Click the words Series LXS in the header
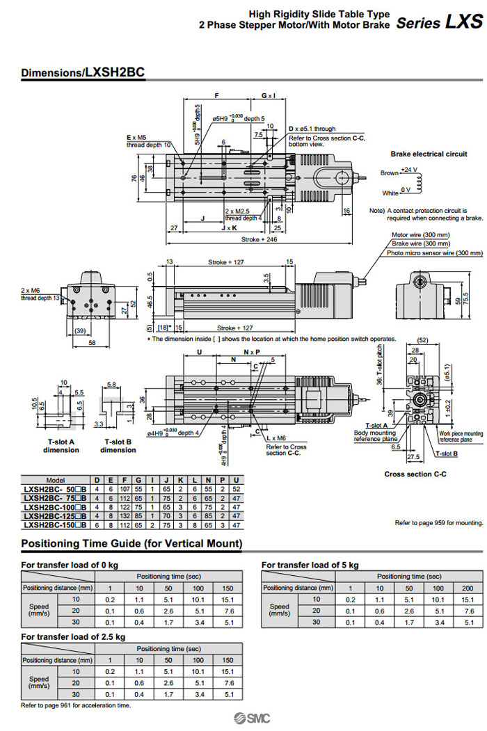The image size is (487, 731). pyautogui.click(x=438, y=22)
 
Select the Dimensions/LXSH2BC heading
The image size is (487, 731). pyautogui.click(x=82, y=72)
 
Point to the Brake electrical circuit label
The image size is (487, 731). pyautogui.click(x=429, y=154)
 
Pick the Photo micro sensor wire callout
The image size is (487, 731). pyautogui.click(x=436, y=253)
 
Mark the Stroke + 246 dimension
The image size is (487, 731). pyautogui.click(x=259, y=240)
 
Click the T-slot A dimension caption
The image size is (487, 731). pyautogui.click(x=62, y=446)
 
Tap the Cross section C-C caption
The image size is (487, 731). pyautogui.click(x=415, y=474)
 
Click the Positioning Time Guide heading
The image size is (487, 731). pyautogui.click(x=131, y=543)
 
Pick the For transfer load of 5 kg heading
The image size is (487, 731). pyautogui.click(x=310, y=565)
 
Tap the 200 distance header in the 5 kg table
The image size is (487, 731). pyautogui.click(x=468, y=588)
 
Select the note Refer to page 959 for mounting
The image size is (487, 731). pyautogui.click(x=438, y=522)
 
